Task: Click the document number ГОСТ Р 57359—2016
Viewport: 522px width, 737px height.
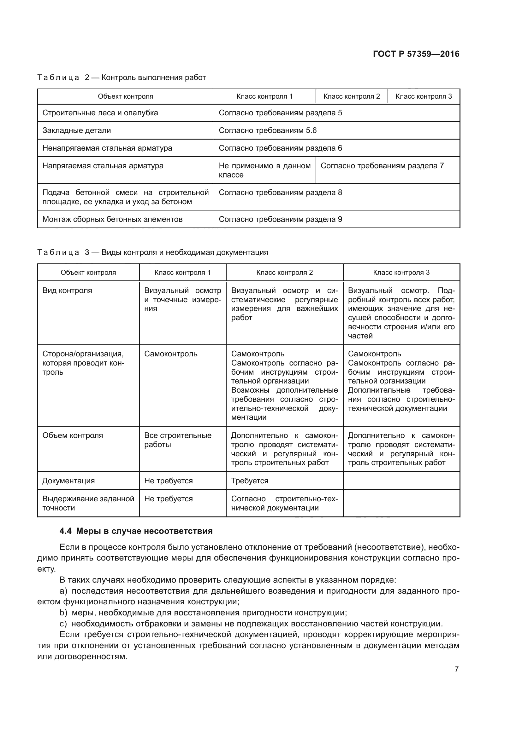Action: click(416, 54)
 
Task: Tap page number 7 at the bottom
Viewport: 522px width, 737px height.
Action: click(456, 669)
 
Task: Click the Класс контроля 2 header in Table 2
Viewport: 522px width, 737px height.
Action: click(352, 96)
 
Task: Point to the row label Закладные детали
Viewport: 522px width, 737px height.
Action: click(77, 131)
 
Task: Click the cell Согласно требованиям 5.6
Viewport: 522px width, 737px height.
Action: click(268, 131)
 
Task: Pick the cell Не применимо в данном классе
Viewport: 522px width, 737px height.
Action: click(264, 170)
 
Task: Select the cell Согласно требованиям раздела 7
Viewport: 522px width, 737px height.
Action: click(382, 166)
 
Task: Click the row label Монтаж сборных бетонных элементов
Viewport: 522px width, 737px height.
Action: click(112, 220)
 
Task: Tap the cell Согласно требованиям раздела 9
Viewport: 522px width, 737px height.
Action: click(280, 220)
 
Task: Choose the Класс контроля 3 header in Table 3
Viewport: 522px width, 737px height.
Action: click(401, 273)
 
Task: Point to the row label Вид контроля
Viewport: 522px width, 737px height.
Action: click(67, 291)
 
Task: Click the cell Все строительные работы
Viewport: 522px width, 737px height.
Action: click(178, 440)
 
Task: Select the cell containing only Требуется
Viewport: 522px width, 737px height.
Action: click(250, 481)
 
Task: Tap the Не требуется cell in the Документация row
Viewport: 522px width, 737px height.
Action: click(169, 481)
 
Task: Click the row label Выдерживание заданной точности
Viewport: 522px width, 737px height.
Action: click(88, 503)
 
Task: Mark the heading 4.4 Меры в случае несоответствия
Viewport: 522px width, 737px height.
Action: click(136, 531)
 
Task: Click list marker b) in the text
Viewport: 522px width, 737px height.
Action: click(63, 613)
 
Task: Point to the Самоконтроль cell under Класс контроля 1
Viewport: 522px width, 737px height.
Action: click(171, 354)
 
